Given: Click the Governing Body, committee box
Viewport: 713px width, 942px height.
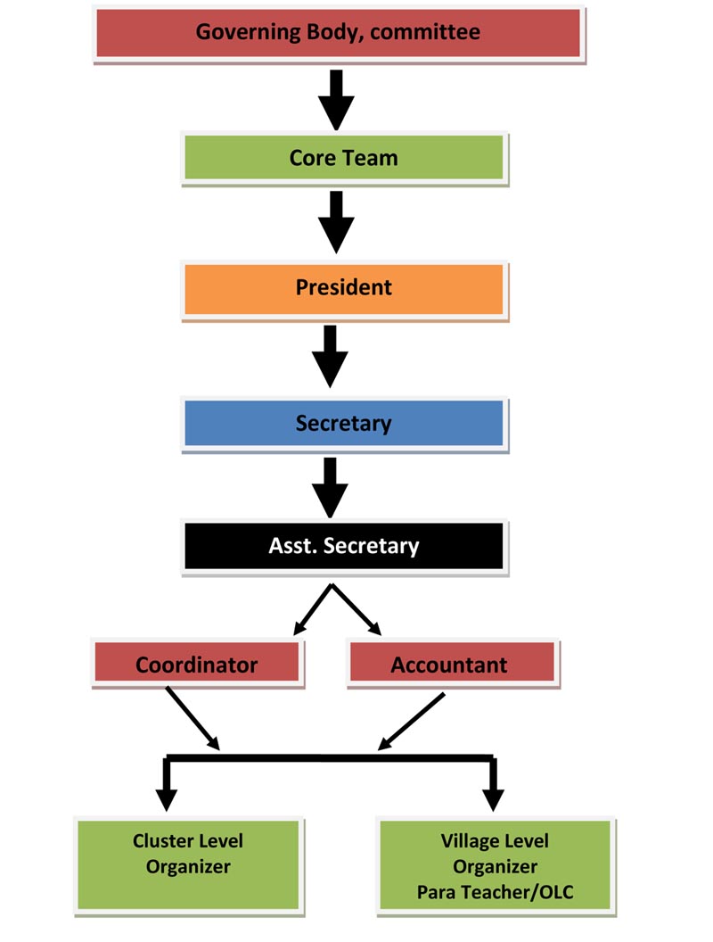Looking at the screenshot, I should [x=338, y=33].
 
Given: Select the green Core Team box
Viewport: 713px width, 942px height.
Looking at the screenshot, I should [x=343, y=158].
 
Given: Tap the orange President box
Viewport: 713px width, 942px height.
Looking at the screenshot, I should [x=343, y=288].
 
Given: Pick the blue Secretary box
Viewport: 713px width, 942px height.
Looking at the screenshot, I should [x=343, y=422].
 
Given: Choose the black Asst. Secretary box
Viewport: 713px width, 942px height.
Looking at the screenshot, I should [x=343, y=545].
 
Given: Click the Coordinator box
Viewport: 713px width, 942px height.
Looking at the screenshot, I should [x=196, y=665].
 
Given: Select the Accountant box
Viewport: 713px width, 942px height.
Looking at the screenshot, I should [x=449, y=665].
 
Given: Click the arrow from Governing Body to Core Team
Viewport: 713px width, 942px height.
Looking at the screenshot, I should [x=336, y=98].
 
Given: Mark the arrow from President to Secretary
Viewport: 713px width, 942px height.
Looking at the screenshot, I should [x=330, y=355].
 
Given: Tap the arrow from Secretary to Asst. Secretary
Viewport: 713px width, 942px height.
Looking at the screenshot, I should [x=330, y=487].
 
